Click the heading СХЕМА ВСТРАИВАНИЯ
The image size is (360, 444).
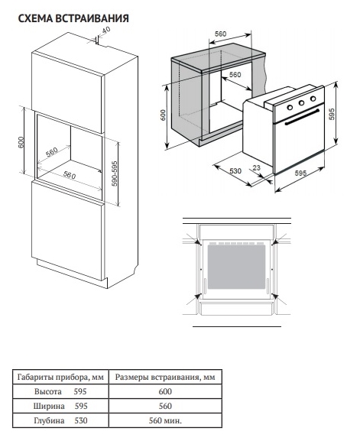[73, 18]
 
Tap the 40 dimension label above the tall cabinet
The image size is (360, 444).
[105, 30]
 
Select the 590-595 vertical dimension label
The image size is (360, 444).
[115, 173]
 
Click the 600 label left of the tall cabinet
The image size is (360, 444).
[21, 142]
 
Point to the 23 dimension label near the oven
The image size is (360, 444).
[256, 168]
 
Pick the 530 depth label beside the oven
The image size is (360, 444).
[235, 170]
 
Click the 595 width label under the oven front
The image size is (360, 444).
[300, 173]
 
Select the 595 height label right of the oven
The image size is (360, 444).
[332, 114]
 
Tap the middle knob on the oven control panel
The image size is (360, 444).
[302, 103]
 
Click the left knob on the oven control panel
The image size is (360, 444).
[290, 107]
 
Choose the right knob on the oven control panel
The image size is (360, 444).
[313, 99]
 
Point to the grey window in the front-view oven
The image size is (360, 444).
[236, 267]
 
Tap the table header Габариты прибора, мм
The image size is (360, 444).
[60, 378]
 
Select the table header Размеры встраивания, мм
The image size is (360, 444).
[165, 378]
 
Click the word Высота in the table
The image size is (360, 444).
[48, 391]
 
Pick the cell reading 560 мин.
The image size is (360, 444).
[165, 420]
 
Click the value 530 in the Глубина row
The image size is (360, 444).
[81, 420]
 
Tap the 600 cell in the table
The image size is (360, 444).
[165, 391]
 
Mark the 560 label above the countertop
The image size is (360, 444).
[220, 34]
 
